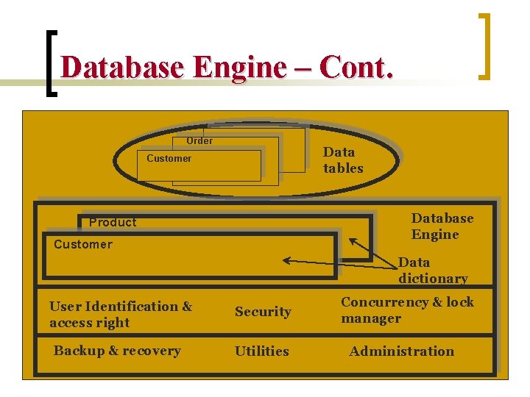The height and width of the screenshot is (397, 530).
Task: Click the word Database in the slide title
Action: click(x=122, y=68)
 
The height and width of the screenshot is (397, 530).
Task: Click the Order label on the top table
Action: click(x=199, y=140)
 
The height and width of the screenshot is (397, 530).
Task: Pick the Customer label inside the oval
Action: click(x=169, y=158)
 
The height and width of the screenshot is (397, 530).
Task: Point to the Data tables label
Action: click(x=342, y=160)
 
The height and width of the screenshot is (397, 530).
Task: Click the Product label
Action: click(x=113, y=222)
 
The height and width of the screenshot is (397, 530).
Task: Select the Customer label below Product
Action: click(x=83, y=244)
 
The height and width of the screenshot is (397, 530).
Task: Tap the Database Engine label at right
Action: click(x=442, y=226)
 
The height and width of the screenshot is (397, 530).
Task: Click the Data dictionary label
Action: click(x=433, y=270)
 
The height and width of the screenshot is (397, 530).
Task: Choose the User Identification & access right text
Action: click(x=121, y=314)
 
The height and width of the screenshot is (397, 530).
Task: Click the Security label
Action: click(x=263, y=312)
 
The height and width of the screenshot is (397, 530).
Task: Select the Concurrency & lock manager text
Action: click(x=407, y=310)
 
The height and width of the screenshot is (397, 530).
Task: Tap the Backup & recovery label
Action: click(x=117, y=351)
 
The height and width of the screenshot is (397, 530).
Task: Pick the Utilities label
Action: click(x=261, y=351)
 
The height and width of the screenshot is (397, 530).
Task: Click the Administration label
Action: click(x=401, y=351)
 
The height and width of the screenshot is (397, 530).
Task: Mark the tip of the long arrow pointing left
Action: click(x=286, y=260)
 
